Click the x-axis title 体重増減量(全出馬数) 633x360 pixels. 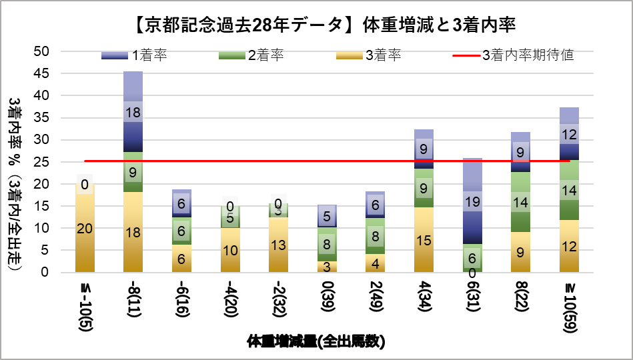point(316,342)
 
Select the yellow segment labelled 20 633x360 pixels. point(85,229)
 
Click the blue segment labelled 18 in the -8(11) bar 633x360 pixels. point(133,112)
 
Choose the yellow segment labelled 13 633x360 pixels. point(278,245)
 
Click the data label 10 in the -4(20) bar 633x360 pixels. point(229,250)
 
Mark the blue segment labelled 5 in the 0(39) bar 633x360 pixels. point(326,216)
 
